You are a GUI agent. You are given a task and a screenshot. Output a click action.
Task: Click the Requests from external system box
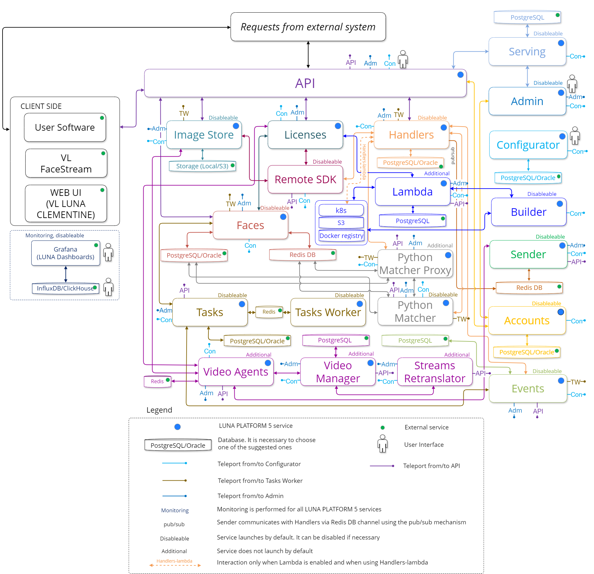coord(308,27)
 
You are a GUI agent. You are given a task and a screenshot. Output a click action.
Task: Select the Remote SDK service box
coord(305,179)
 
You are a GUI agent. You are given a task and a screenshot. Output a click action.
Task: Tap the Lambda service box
coord(412,192)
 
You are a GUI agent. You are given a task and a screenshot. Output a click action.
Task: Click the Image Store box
coord(204,135)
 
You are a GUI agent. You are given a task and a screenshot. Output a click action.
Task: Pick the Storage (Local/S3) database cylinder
coord(202,166)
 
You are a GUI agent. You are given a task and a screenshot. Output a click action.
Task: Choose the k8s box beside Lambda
coord(341,210)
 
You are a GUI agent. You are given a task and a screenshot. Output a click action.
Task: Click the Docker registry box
coord(341,236)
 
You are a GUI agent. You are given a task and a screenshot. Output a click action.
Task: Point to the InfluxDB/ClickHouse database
coord(65,288)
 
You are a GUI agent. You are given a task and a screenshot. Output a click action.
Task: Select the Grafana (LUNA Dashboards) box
coord(65,253)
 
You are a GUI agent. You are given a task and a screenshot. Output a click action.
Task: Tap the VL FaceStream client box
coord(66,163)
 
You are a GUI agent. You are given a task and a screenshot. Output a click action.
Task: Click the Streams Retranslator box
coord(435,372)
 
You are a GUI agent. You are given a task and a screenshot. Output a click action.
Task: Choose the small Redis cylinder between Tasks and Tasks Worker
coord(269,312)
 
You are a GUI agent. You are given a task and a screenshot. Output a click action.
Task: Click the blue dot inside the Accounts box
coord(560,312)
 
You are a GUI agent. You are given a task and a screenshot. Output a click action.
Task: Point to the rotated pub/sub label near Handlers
coord(453,156)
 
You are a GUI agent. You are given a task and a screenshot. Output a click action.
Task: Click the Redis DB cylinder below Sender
coord(529,288)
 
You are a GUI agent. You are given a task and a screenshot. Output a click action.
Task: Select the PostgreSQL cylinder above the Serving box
coord(527,17)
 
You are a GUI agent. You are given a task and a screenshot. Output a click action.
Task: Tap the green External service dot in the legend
coord(382,427)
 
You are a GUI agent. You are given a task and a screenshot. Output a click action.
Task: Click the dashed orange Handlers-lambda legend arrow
coord(175,565)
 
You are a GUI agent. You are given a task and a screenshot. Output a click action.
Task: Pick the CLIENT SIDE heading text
coord(41,106)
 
